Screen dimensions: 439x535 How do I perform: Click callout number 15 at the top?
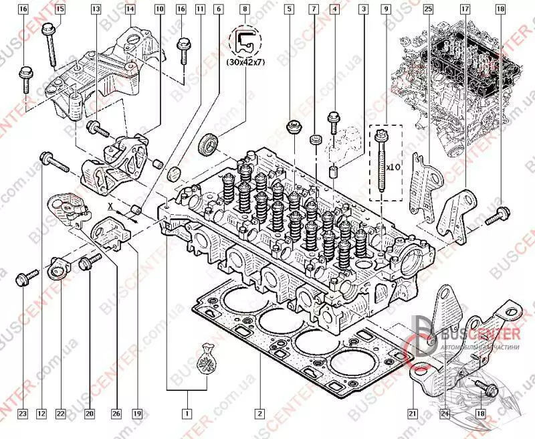tap(60, 9)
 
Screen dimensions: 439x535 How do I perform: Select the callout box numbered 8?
tap(245, 9)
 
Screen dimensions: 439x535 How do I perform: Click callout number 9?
tap(386, 9)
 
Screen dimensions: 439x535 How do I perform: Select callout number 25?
tap(428, 9)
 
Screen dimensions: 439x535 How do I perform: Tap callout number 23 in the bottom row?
tap(22, 414)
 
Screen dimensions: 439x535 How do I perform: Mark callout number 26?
tap(116, 414)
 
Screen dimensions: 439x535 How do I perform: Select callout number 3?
tap(363, 9)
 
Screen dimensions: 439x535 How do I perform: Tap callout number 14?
tap(129, 9)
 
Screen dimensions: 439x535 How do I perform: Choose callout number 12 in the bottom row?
tap(41, 414)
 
